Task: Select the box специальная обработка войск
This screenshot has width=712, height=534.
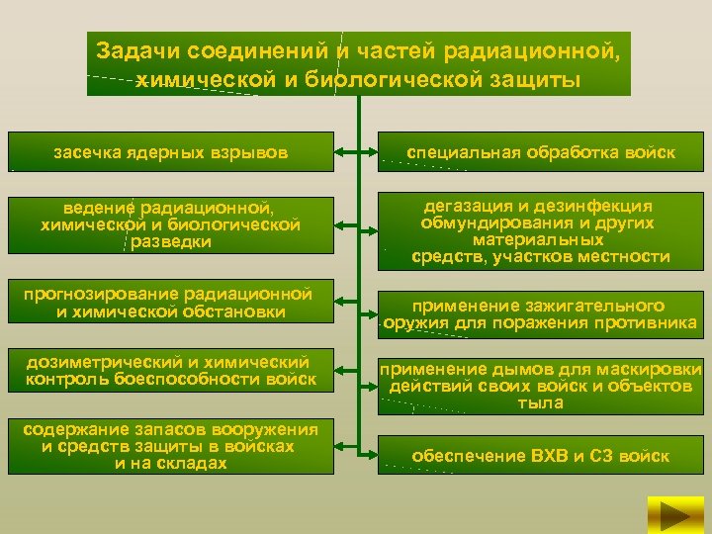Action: (541, 153)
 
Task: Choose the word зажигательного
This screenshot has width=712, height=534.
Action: (600, 307)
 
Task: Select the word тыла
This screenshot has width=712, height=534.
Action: (540, 402)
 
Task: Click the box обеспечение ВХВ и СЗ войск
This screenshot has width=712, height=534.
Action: (541, 456)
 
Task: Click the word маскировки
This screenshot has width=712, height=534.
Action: (650, 369)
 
